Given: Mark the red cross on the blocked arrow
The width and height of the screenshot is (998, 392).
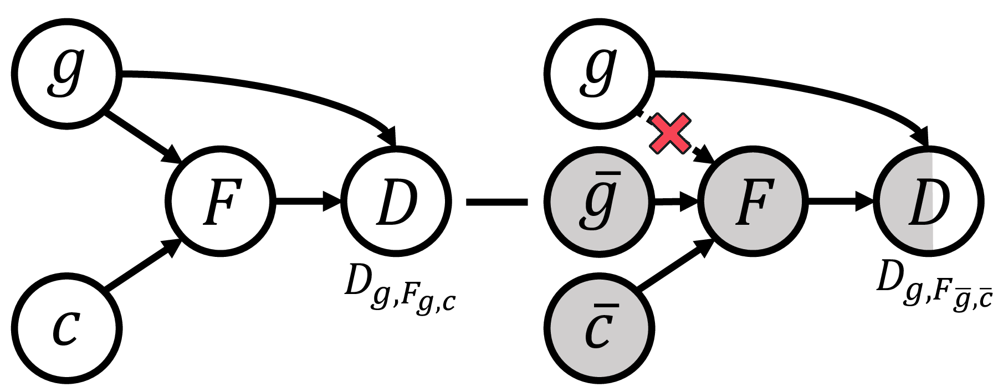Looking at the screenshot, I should [670, 133].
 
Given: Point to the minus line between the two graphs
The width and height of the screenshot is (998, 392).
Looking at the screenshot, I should [497, 203].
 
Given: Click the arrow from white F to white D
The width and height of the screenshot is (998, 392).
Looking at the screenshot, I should [308, 202].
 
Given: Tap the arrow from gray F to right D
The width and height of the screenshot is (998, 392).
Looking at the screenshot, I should [840, 202].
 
